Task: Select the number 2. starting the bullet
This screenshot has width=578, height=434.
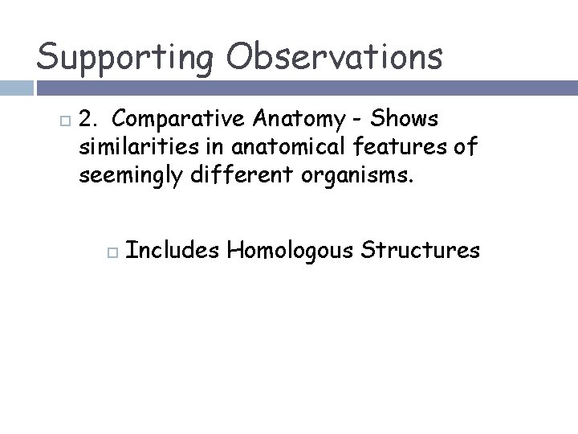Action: [x=89, y=120]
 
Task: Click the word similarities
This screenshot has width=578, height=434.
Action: [x=132, y=147]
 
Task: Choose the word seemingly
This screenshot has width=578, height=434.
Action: [x=128, y=176]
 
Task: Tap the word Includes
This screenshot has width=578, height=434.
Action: [x=173, y=251]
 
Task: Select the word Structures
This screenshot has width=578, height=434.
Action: [x=421, y=251]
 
